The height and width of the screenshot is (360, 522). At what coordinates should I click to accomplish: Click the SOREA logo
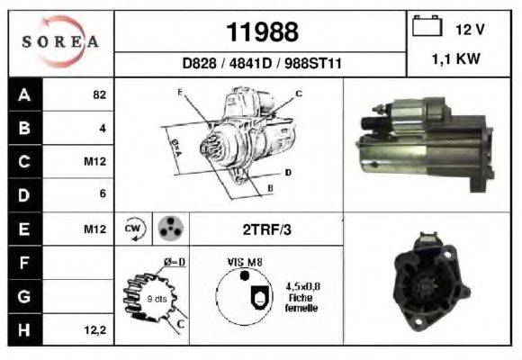pos(60,42)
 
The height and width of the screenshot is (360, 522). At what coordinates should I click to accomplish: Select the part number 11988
pos(261,32)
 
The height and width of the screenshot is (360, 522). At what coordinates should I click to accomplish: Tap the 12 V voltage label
pos(470,30)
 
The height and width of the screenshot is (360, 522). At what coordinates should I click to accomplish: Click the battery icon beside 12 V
pos(425,28)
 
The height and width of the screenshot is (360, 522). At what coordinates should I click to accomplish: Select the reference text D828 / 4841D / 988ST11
pos(261,65)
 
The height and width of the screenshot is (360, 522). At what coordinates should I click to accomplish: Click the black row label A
pos(24,94)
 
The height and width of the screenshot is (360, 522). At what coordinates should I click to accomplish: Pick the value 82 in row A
pos(99,94)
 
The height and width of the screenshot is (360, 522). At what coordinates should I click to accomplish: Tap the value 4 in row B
pos(103,128)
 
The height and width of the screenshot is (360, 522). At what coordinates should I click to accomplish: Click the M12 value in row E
pos(95,229)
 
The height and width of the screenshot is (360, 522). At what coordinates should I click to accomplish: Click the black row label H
pos(24,330)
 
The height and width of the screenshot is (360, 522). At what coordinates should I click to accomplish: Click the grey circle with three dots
pos(169,229)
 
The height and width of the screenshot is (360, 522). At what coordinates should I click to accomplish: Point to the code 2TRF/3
pos(266,229)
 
